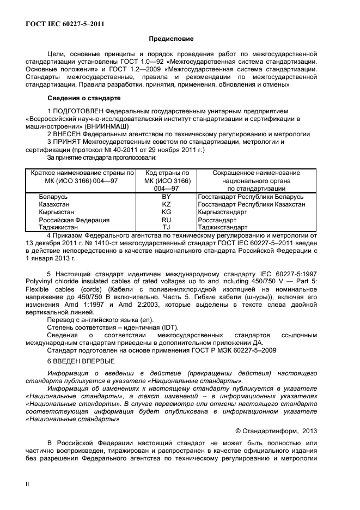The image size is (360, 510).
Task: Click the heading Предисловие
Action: pos(172,39)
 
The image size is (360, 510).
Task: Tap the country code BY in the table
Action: pos(167,196)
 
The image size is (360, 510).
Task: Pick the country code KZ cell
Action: pos(167,204)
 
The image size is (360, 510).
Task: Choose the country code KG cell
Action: pos(167,212)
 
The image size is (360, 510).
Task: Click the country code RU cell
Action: pos(167,220)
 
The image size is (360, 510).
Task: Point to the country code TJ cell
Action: pos(167,227)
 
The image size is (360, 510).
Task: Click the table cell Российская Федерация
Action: pos(74,220)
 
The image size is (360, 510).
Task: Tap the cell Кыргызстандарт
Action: pos(224,212)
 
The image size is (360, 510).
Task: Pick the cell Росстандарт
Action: pos(218,220)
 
